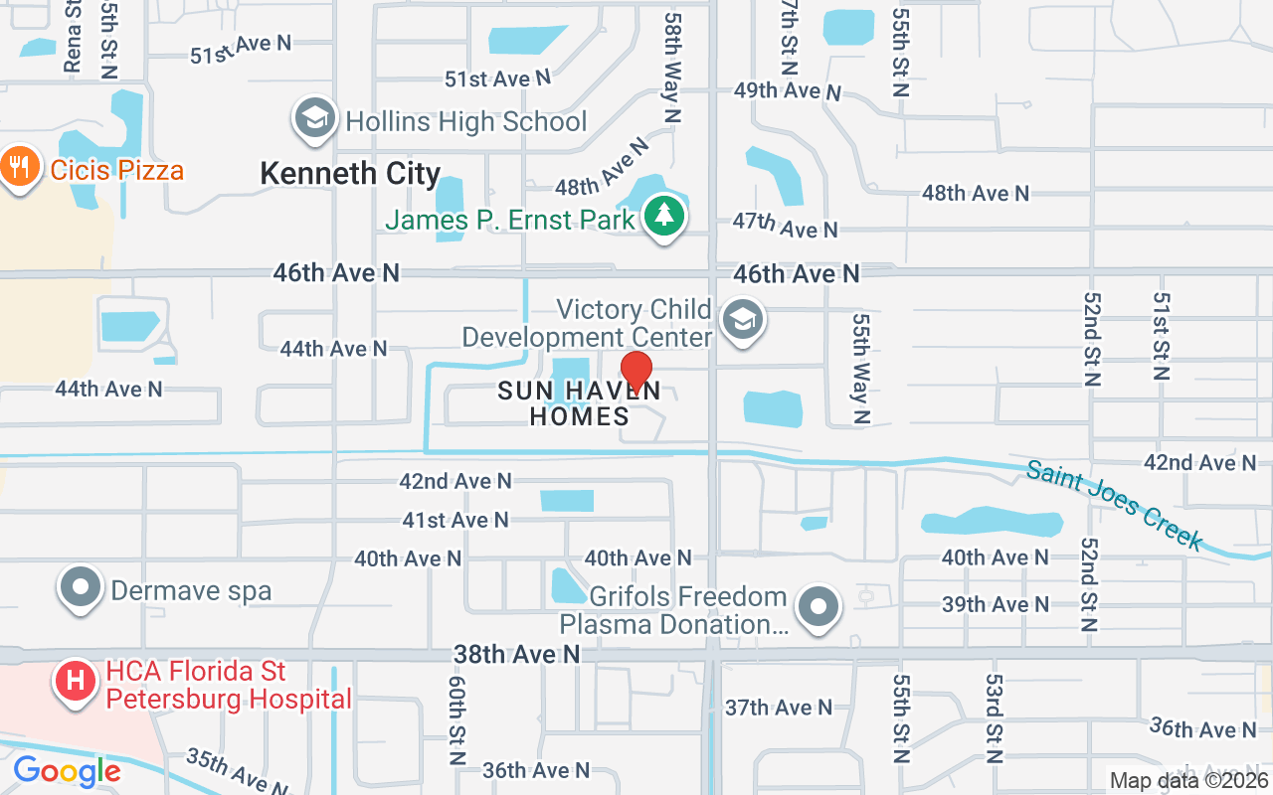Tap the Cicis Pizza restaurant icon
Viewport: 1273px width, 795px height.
pyautogui.click(x=19, y=167)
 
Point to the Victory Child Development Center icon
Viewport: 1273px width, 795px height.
pyautogui.click(x=742, y=321)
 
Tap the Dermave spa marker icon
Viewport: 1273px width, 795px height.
pyautogui.click(x=81, y=588)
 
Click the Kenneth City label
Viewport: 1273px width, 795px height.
pyautogui.click(x=350, y=174)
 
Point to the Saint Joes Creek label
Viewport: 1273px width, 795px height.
pyautogui.click(x=1115, y=504)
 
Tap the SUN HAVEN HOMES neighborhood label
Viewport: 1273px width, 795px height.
pyautogui.click(x=580, y=402)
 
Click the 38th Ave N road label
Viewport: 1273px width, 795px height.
pyautogui.click(x=516, y=654)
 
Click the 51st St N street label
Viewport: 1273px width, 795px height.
pyautogui.click(x=1161, y=336)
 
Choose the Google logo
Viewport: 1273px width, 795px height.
pyautogui.click(x=67, y=771)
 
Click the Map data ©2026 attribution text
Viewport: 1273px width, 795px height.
pyautogui.click(x=1188, y=781)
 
